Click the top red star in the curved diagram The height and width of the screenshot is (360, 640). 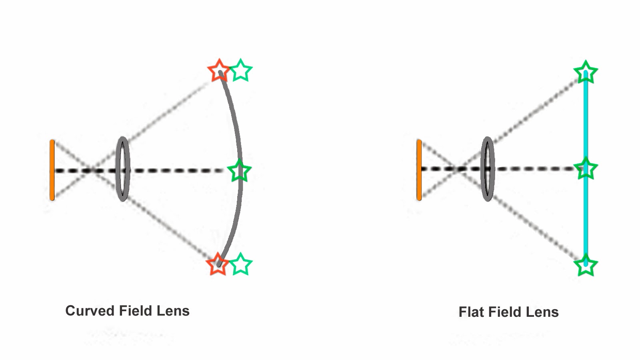[x=219, y=71]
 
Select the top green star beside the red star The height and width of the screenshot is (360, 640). [x=241, y=70]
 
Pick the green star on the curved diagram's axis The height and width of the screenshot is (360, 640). [x=239, y=171]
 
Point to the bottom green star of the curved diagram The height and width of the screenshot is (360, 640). [x=240, y=264]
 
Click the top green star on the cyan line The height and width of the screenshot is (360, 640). [x=586, y=72]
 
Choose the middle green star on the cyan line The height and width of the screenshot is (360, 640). [x=586, y=168]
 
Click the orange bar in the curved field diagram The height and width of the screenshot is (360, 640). [x=52, y=170]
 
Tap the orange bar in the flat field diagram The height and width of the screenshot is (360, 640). [x=419, y=170]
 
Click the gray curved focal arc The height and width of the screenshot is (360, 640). [x=238, y=132]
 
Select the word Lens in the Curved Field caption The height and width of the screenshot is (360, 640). [x=173, y=311]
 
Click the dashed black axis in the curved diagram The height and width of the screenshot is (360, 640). [x=176, y=171]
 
